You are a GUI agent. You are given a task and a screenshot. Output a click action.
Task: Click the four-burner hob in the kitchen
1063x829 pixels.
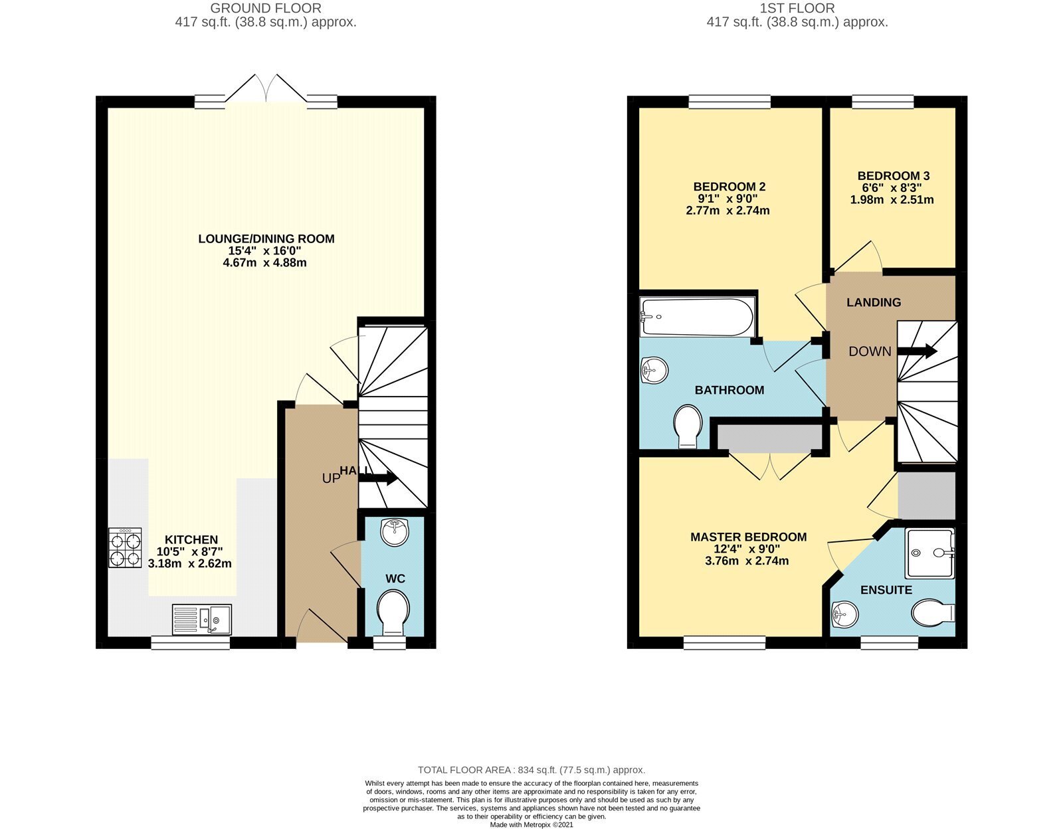click(x=125, y=547)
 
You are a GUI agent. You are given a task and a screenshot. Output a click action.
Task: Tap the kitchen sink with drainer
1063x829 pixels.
click(x=201, y=620)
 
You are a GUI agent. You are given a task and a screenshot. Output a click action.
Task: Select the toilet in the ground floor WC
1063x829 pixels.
click(x=393, y=613)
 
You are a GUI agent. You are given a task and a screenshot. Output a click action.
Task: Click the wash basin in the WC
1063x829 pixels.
click(x=394, y=532)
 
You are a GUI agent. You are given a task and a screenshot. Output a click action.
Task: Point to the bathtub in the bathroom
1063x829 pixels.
click(x=698, y=317)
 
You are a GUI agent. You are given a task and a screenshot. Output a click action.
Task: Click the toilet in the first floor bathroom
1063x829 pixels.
click(x=688, y=426)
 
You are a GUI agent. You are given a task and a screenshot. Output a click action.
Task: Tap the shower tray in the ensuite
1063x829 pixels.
click(x=930, y=553)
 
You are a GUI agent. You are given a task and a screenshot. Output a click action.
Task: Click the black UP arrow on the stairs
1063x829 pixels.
click(x=378, y=478)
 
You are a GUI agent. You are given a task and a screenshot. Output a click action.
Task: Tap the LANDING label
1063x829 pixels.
click(x=874, y=302)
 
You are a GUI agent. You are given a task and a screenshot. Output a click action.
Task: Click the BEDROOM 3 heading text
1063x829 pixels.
click(x=894, y=175)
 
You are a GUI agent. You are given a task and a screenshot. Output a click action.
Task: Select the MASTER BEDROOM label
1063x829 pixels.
click(x=749, y=537)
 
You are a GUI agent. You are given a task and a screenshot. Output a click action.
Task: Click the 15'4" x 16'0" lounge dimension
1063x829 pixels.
click(x=264, y=250)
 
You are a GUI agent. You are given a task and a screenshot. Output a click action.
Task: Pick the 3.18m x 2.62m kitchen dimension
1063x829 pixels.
click(x=190, y=563)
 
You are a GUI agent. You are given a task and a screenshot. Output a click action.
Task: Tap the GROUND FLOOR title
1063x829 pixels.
click(x=266, y=9)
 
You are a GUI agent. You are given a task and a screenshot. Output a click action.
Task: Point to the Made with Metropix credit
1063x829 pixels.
click(x=531, y=824)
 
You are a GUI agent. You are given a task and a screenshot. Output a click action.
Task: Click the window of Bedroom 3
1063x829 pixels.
click(x=882, y=102)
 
